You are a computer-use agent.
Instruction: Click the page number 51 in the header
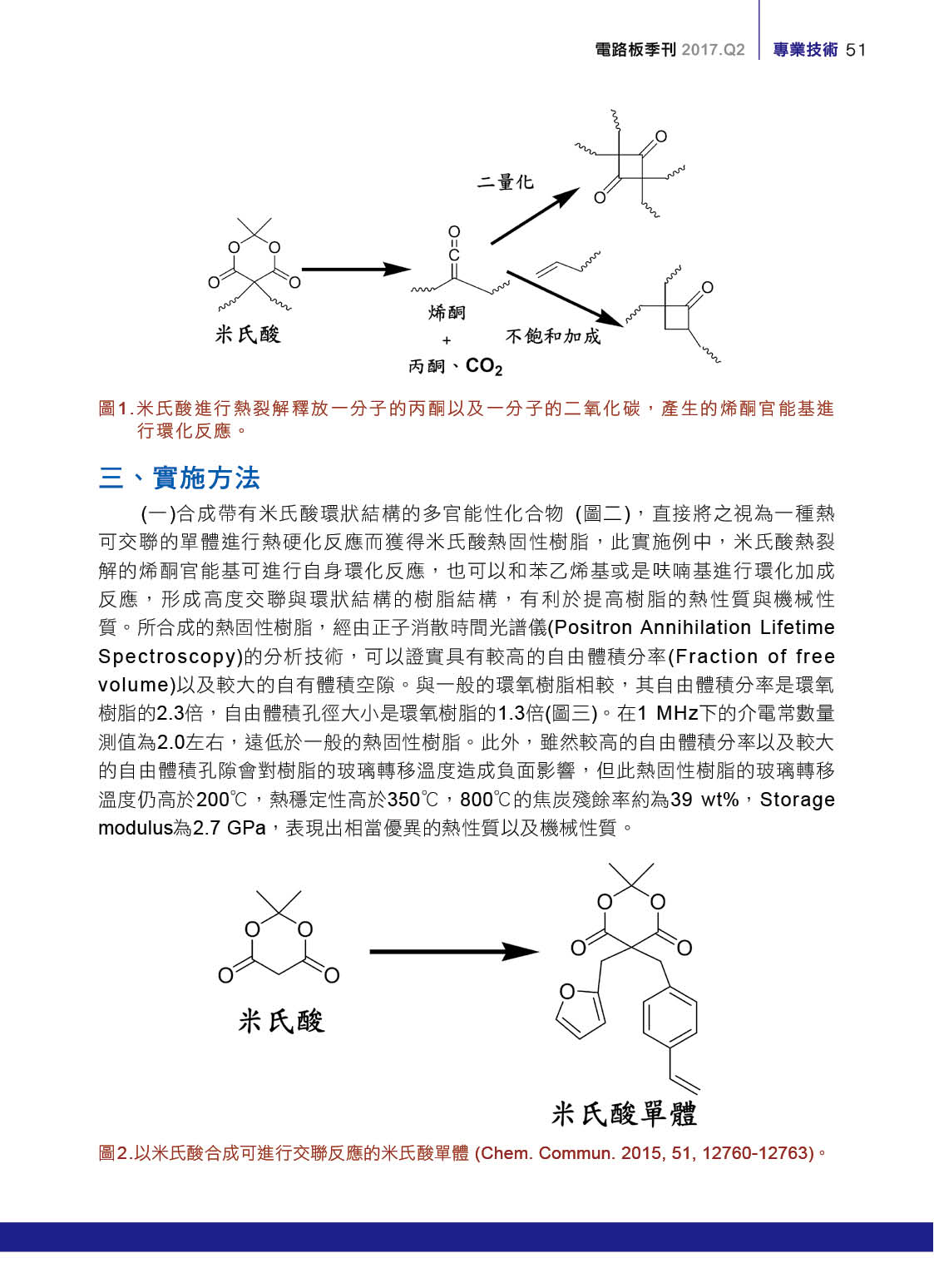[856, 50]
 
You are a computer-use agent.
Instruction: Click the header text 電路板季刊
[635, 50]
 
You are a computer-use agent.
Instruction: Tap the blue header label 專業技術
[805, 50]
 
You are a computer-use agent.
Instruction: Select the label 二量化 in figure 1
[505, 182]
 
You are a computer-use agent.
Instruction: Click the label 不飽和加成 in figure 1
[552, 336]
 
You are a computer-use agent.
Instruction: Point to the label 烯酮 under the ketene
[447, 313]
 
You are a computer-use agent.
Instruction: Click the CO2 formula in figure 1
[484, 366]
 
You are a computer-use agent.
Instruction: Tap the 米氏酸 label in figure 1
[248, 334]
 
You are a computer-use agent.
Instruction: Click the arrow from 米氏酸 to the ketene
[355, 270]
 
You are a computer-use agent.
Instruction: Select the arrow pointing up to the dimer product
[534, 216]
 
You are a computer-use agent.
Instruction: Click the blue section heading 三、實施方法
[179, 478]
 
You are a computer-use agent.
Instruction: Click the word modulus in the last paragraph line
[135, 828]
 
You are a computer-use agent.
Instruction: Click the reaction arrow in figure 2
[453, 952]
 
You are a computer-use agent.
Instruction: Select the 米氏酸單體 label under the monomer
[624, 1113]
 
